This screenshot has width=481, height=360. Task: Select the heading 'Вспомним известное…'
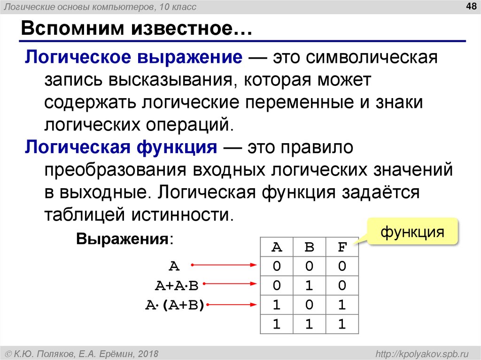click(x=136, y=30)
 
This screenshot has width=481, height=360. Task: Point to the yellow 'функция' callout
click(x=412, y=232)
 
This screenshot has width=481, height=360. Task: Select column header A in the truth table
click(x=277, y=247)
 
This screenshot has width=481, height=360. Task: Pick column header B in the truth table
click(x=310, y=247)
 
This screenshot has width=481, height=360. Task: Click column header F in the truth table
click(x=342, y=247)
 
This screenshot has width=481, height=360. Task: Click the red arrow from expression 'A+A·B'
click(x=230, y=283)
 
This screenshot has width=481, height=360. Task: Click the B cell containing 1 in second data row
click(x=310, y=285)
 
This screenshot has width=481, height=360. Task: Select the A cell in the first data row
click(x=277, y=267)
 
